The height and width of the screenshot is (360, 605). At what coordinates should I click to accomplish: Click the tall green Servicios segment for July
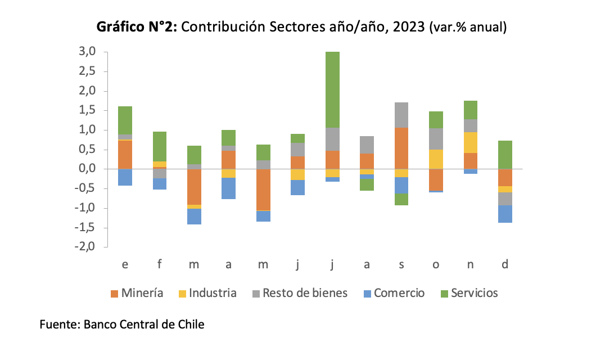pyautogui.click(x=332, y=89)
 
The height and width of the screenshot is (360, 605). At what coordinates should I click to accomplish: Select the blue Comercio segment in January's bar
pyautogui.click(x=125, y=177)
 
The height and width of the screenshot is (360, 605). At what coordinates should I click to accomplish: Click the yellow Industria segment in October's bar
pyautogui.click(x=436, y=159)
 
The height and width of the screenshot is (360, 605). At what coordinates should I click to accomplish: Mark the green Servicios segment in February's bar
pyautogui.click(x=160, y=146)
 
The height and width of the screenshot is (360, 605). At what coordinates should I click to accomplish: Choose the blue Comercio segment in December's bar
pyautogui.click(x=505, y=214)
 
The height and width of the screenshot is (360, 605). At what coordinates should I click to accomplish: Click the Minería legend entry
pyautogui.click(x=137, y=293)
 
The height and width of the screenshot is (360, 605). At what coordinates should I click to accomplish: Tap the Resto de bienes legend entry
pyautogui.click(x=299, y=293)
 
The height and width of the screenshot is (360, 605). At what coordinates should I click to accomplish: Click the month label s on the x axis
pyautogui.click(x=401, y=264)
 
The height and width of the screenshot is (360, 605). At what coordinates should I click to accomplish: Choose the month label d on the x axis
pyautogui.click(x=505, y=264)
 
